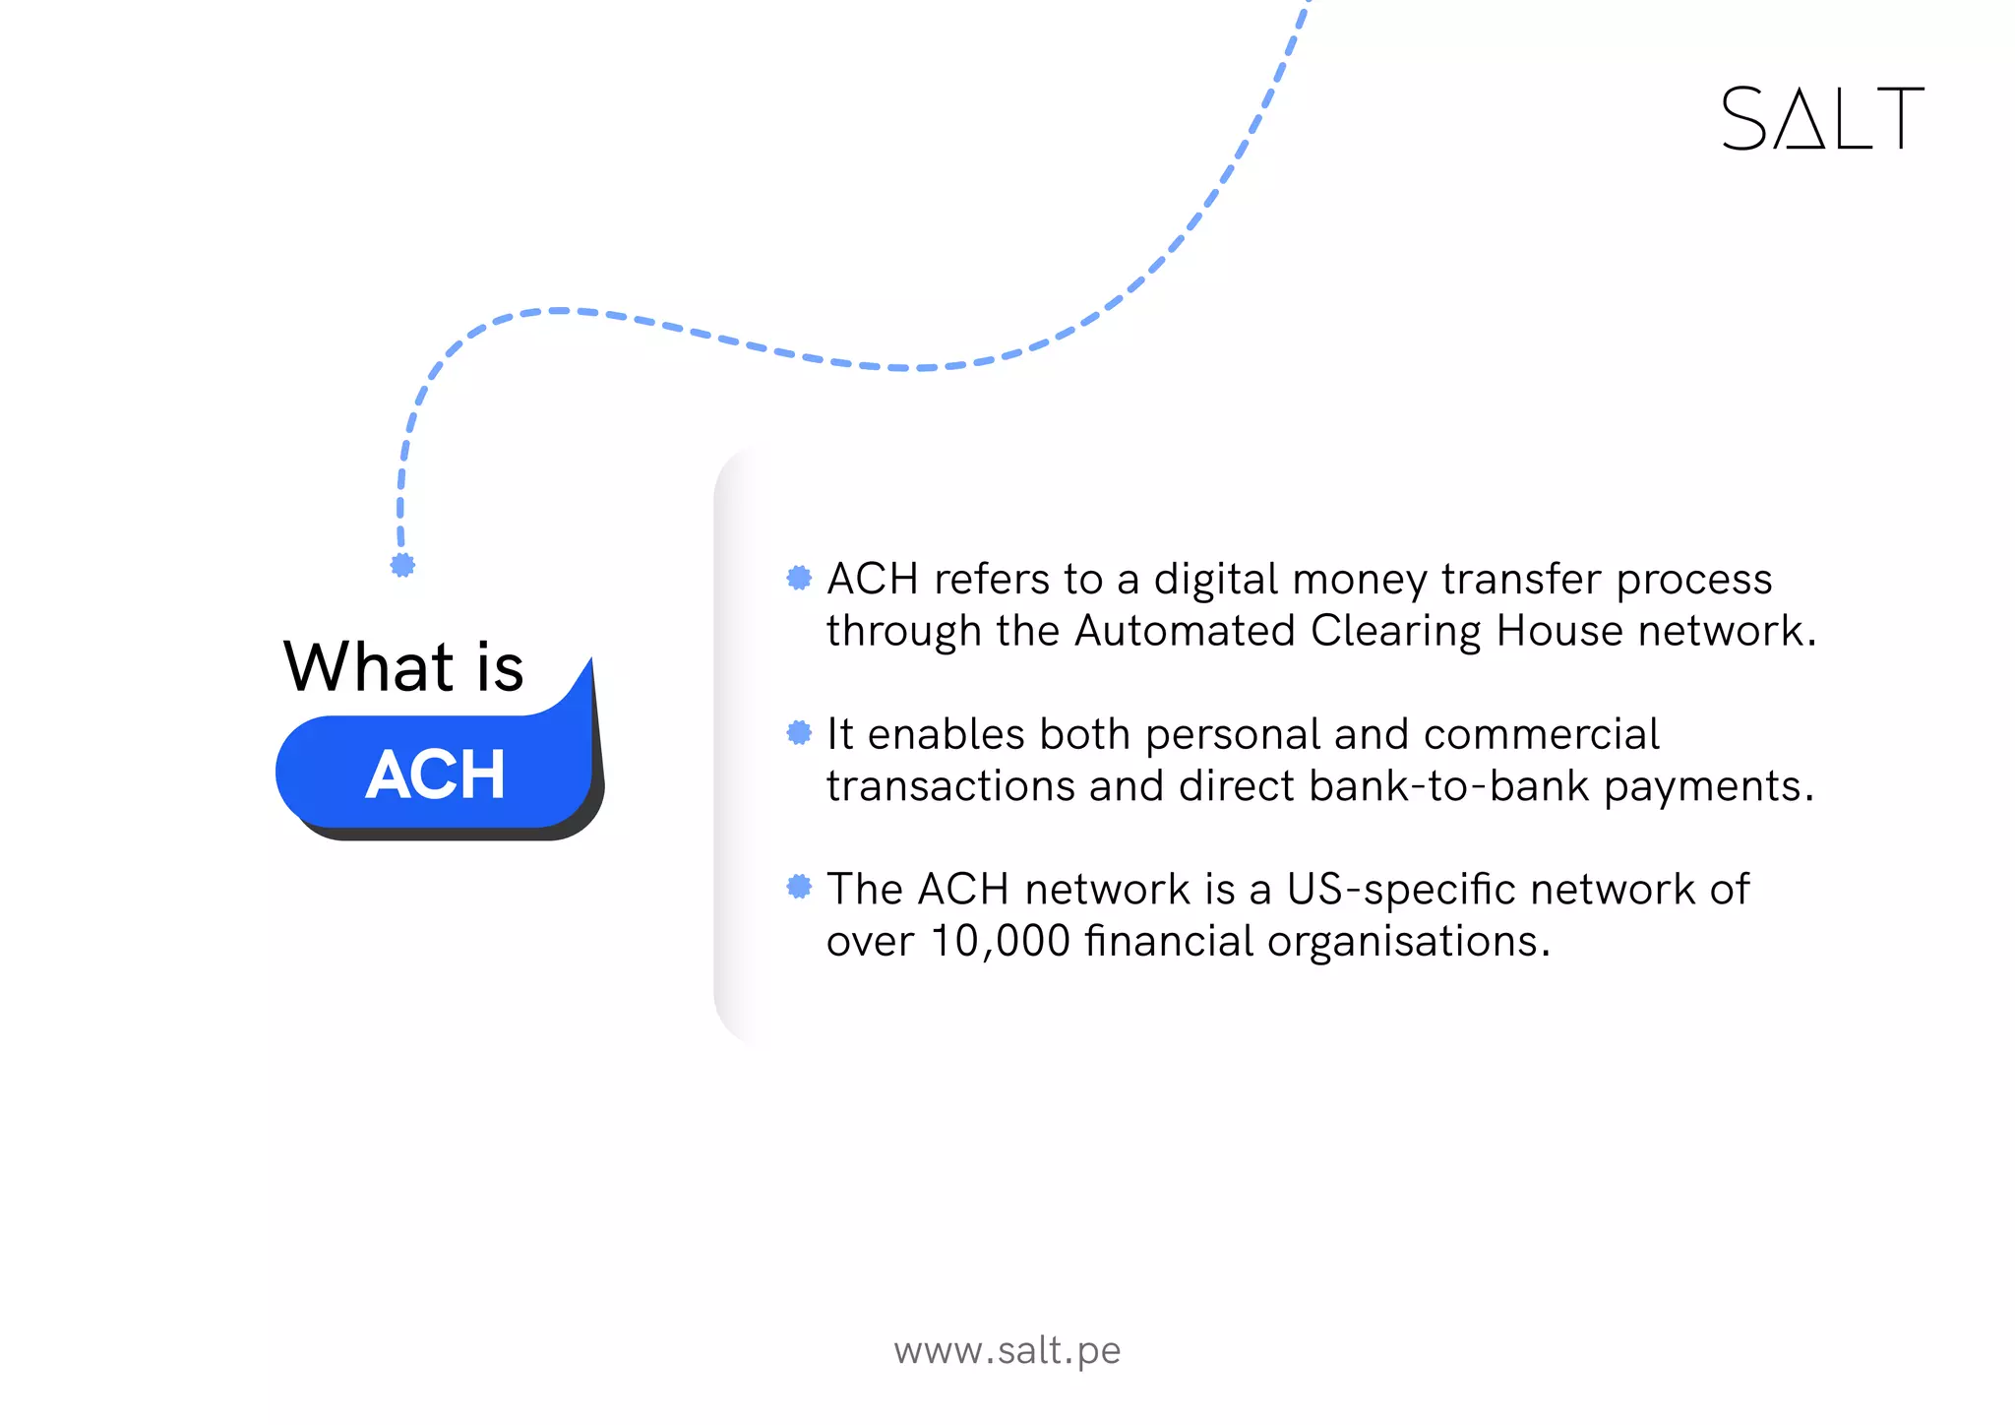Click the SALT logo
click(1822, 118)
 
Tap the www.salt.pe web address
click(1007, 1350)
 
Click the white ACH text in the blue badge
click(436, 774)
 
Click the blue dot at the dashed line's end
click(402, 565)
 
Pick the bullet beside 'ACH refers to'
click(799, 578)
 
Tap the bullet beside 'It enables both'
click(799, 732)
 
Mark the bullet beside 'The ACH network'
click(799, 887)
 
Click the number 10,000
click(1000, 941)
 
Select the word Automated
click(1184, 631)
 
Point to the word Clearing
click(1395, 632)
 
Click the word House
click(1558, 631)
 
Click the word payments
click(1708, 787)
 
